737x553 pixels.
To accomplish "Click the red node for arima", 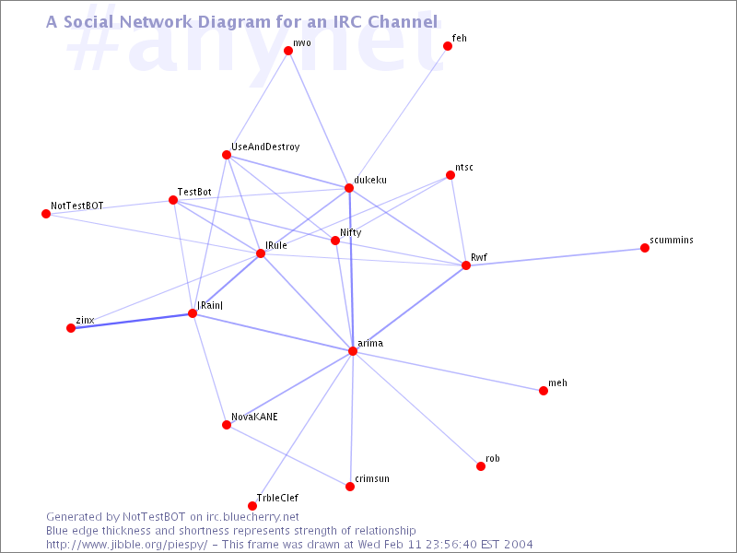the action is click(353, 351).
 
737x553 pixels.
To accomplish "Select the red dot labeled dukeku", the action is click(349, 188).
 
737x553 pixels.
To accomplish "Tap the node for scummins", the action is click(644, 248).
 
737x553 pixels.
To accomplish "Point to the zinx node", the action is click(71, 328).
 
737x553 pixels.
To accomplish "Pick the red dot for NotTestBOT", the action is click(46, 214).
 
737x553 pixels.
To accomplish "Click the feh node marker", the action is click(448, 46).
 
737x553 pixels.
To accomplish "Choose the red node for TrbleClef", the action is click(252, 506).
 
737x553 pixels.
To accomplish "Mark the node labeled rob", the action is click(480, 466).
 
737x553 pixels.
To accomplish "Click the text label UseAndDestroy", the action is click(265, 147).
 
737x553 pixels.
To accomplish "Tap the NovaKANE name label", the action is click(254, 417).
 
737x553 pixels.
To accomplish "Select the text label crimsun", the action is click(372, 478).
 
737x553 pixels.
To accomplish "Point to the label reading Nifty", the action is click(351, 232).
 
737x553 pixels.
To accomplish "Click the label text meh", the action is click(557, 382).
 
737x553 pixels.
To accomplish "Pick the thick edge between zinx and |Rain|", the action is click(132, 321).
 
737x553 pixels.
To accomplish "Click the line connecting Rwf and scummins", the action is click(556, 257).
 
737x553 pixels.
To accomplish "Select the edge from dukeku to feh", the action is click(398, 117).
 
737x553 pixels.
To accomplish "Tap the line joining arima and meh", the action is click(448, 371).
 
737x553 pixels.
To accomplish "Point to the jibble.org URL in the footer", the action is click(126, 545).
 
